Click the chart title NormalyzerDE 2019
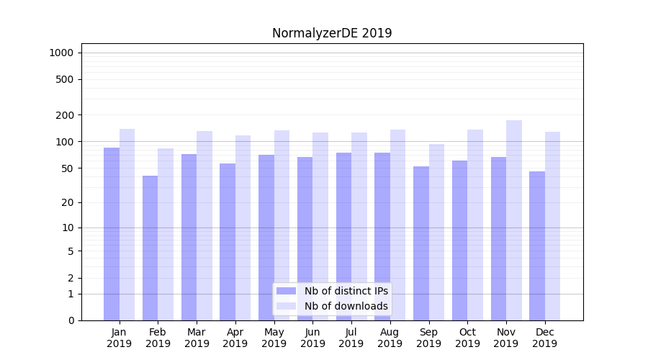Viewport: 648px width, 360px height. [x=332, y=33]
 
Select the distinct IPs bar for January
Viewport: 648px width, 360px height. [x=112, y=234]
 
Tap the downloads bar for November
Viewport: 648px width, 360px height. [x=514, y=220]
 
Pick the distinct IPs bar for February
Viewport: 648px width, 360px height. [x=150, y=248]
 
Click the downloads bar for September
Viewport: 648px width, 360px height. [x=436, y=232]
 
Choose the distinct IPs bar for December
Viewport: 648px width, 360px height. [x=537, y=246]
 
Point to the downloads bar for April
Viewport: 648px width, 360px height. [x=243, y=228]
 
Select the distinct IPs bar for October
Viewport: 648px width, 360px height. [x=459, y=240]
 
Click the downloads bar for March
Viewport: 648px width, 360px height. [x=204, y=225]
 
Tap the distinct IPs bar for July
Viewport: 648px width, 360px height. [x=343, y=236]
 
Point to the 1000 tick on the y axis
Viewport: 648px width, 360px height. [x=61, y=53]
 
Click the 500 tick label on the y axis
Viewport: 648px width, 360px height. [x=65, y=79]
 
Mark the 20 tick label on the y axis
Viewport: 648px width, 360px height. [x=68, y=202]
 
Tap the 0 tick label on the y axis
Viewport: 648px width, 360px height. [x=71, y=320]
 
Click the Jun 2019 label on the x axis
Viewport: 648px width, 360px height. [x=312, y=338]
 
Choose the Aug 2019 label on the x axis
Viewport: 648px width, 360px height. [x=390, y=338]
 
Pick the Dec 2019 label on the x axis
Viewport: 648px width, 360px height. [x=544, y=338]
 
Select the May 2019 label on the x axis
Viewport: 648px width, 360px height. [x=274, y=338]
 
